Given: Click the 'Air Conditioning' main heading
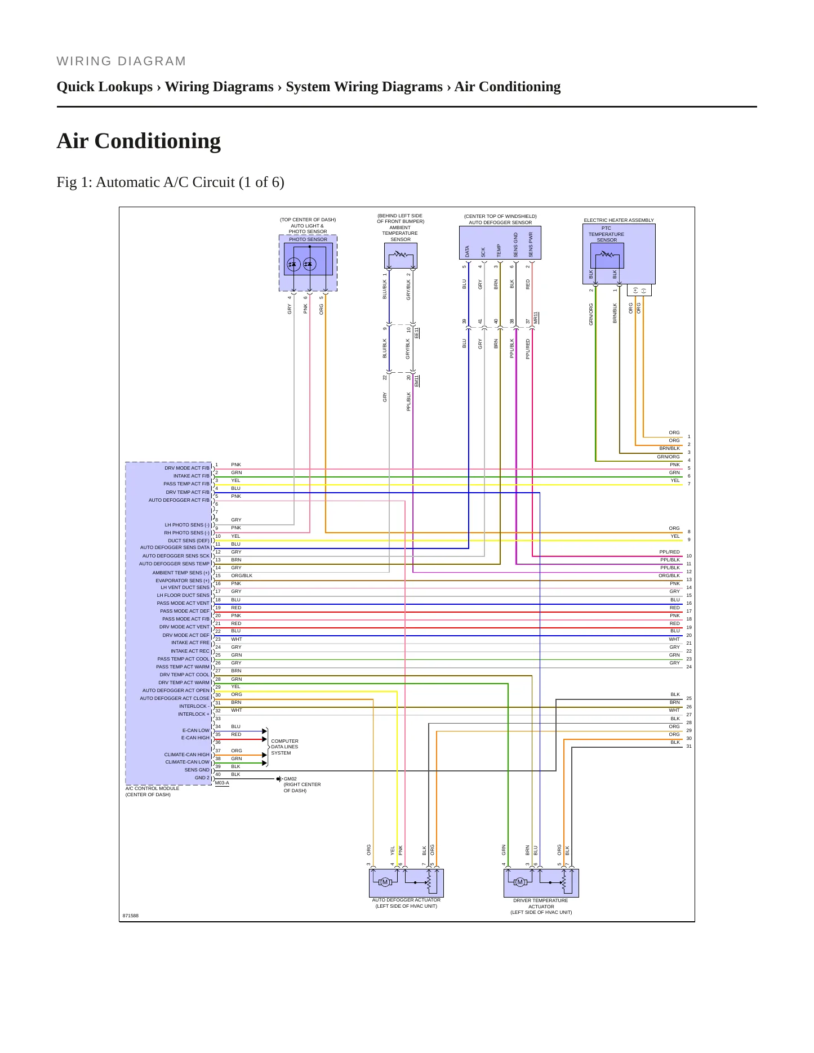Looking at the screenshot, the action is (x=139, y=141).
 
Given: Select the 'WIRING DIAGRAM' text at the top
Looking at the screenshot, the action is (x=121, y=61).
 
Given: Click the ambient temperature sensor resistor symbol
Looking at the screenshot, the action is (x=401, y=255).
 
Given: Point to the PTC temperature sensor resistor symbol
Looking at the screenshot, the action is (x=607, y=254).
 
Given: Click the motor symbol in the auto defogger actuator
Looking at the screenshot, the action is (x=385, y=882).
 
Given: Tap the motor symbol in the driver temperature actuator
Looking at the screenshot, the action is (x=520, y=882).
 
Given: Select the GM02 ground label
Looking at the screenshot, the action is (x=290, y=779).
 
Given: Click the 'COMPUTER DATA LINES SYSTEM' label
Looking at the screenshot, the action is (x=284, y=747).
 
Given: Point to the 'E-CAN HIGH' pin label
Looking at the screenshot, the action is (x=195, y=738).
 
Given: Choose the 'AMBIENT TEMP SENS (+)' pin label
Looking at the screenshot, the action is (x=181, y=573).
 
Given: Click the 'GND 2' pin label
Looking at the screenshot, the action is (x=202, y=778).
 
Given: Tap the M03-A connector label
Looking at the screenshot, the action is (x=222, y=783).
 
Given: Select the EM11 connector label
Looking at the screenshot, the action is (x=417, y=381).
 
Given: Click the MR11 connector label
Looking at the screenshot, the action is (x=536, y=318).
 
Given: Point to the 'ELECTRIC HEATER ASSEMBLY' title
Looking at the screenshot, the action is (x=619, y=220).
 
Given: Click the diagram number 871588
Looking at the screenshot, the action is (x=131, y=916).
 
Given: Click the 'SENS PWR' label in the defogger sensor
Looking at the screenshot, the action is (x=531, y=245).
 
